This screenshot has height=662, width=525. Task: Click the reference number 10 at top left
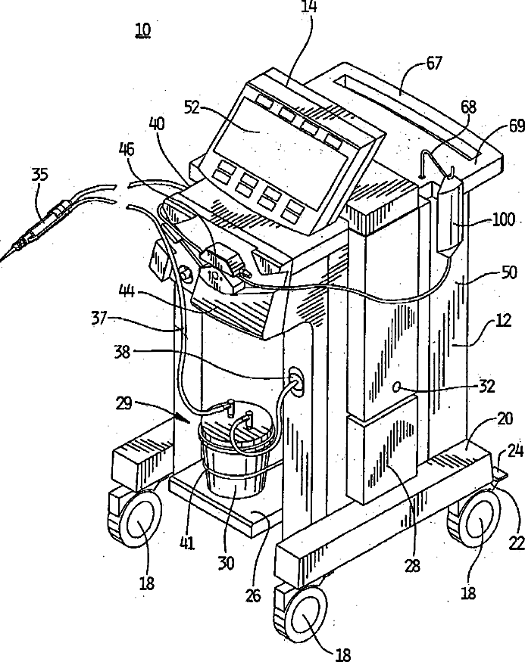[x=142, y=30]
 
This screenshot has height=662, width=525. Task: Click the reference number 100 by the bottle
[x=504, y=220]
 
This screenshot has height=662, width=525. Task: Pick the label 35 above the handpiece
[x=39, y=175]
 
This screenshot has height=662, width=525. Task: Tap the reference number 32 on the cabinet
[x=486, y=386]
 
